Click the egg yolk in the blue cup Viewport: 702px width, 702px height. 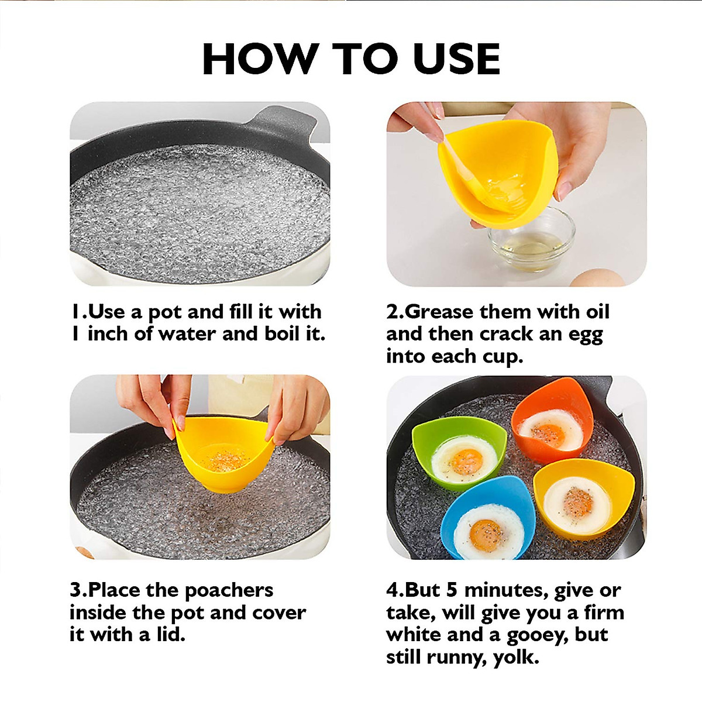pos(485,534)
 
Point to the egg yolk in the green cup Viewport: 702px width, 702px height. pos(466,462)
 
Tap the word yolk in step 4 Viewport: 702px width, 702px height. pos(515,658)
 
